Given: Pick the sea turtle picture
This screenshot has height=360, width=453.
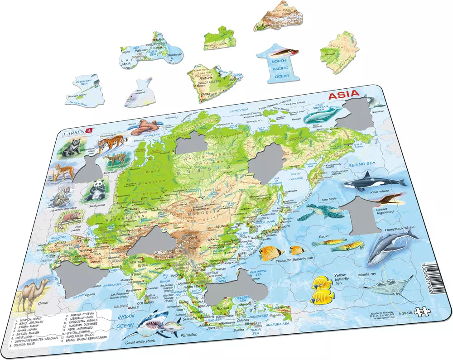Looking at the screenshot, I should tap(323, 211).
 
